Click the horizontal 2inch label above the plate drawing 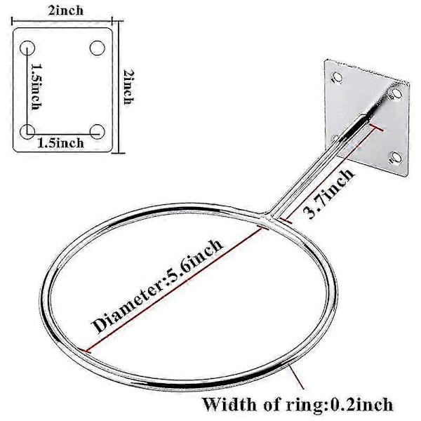(x=66, y=11)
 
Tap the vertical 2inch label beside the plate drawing (x=128, y=87)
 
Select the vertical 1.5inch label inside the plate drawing (x=36, y=86)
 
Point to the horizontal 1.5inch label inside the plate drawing (x=60, y=142)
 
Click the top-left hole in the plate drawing (x=27, y=48)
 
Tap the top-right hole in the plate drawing (x=98, y=48)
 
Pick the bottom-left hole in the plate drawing (x=27, y=131)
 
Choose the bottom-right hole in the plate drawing (x=98, y=132)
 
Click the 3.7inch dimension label (x=329, y=194)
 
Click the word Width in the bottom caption (x=229, y=404)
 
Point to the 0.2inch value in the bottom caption (x=361, y=404)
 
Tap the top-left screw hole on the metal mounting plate (x=337, y=77)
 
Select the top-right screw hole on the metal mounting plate (x=396, y=94)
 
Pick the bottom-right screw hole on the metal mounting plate (x=396, y=158)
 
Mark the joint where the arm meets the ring (x=267, y=217)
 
